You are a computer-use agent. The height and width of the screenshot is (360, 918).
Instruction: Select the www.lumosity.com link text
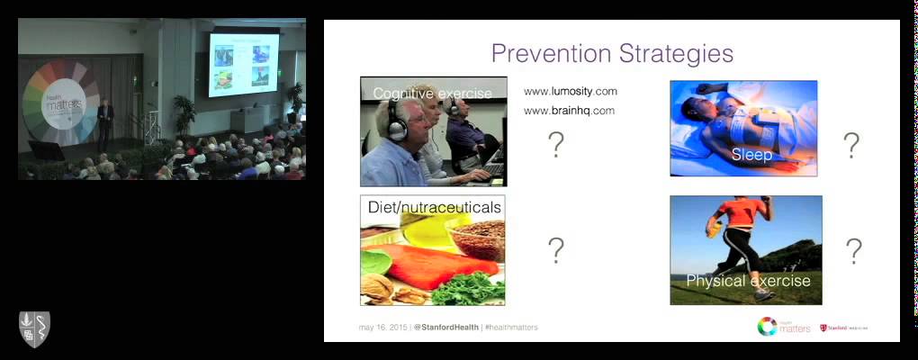571,92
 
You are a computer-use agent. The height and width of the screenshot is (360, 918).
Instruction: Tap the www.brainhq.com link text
570,111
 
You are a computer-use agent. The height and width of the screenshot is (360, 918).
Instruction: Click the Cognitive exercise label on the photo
432,94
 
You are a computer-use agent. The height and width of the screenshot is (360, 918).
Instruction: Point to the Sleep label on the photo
751,154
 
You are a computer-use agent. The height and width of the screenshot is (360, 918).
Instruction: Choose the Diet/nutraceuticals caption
434,208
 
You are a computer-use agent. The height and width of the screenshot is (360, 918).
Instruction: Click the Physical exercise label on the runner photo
748,281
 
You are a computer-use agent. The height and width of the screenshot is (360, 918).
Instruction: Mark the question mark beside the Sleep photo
850,145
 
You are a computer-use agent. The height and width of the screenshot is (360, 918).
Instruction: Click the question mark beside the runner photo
853,251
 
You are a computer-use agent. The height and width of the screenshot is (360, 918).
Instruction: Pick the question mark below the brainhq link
556,144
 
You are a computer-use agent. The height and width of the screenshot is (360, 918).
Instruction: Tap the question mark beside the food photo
556,251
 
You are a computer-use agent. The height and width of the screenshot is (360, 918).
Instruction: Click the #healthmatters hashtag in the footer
512,327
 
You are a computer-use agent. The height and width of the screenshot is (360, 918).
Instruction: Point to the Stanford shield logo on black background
34,328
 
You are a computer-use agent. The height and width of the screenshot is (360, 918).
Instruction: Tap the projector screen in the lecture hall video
243,65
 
